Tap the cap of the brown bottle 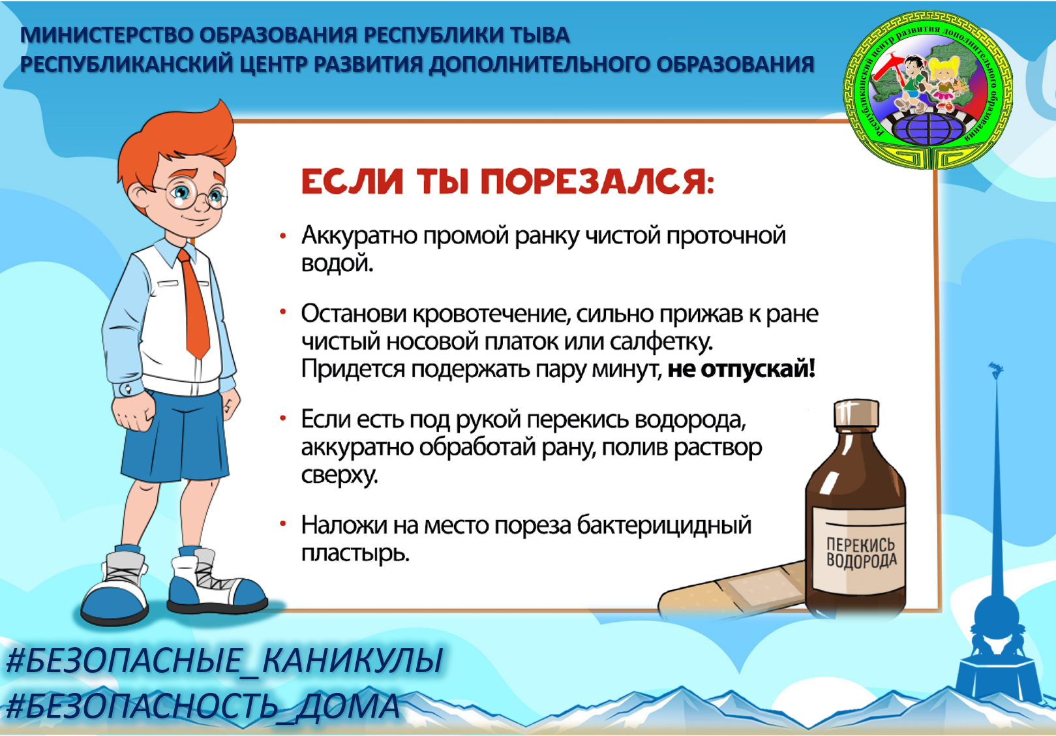[856, 414]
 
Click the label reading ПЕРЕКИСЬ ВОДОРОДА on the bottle [861, 553]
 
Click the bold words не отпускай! [742, 369]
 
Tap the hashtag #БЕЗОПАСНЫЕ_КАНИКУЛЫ [225, 660]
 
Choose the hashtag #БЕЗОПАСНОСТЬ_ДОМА [204, 706]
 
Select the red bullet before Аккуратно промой [283, 236]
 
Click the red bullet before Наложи [283, 523]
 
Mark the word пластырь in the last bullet [355, 553]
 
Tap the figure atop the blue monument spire [995, 370]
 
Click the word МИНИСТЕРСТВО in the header [106, 35]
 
